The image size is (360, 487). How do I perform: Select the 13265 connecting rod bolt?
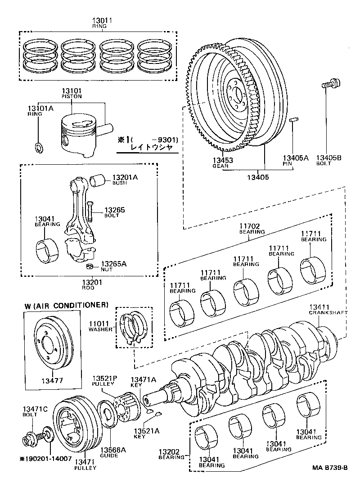tap(90, 212)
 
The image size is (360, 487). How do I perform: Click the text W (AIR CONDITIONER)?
tap(67, 305)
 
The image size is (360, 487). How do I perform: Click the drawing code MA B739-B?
tap(330, 468)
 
